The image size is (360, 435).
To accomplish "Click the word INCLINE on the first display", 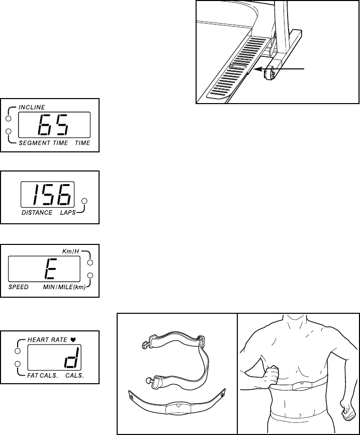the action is [32, 107].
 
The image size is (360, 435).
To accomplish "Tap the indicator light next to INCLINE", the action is [8, 119].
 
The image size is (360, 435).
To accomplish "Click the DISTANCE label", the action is [37, 213].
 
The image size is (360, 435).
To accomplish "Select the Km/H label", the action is [70, 251].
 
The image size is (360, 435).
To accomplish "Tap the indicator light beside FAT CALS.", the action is [17, 364].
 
